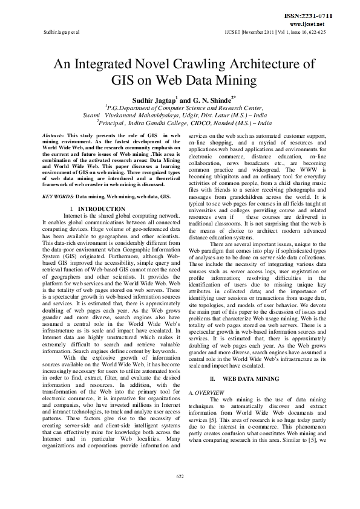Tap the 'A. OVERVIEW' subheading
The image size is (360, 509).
point(207,391)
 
